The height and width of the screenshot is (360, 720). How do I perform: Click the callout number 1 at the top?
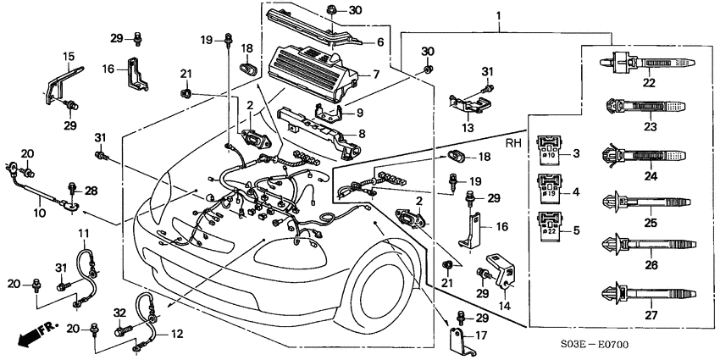(x=498, y=15)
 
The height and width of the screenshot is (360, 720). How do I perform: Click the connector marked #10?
(x=547, y=152)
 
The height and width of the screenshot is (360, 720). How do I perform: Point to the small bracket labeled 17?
(x=457, y=340)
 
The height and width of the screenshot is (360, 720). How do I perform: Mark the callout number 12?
(x=176, y=334)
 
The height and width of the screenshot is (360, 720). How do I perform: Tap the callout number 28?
(x=91, y=191)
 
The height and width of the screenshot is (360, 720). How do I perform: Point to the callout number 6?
(x=379, y=42)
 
